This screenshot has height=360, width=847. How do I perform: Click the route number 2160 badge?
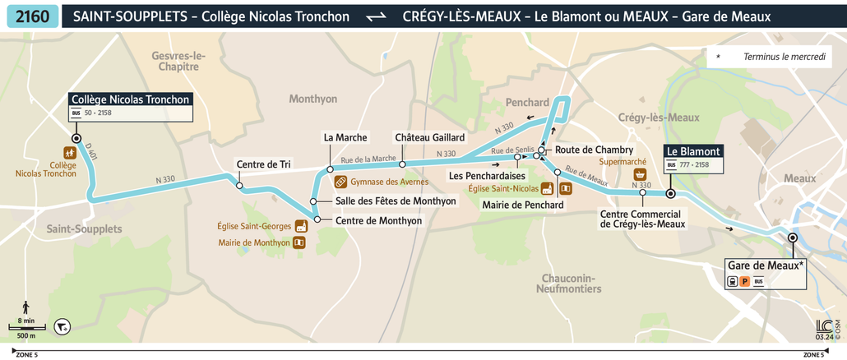(31, 16)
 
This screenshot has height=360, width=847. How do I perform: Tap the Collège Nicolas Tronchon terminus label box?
(131, 99)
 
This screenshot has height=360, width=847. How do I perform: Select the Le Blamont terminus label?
(693, 151)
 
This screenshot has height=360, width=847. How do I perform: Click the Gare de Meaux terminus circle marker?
(792, 238)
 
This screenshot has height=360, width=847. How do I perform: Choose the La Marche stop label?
(345, 137)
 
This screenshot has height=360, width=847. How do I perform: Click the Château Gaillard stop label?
(429, 137)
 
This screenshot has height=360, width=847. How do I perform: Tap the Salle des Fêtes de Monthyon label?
(396, 201)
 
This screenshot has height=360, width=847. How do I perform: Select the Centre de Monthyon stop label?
(379, 221)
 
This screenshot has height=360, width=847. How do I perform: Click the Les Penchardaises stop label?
(487, 176)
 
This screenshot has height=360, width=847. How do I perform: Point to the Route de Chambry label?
(594, 150)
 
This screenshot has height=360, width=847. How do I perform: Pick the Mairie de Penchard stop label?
(523, 205)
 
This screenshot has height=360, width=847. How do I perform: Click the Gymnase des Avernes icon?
(340, 182)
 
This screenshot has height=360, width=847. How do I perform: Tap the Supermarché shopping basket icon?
(639, 175)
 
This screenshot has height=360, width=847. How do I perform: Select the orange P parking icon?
(744, 282)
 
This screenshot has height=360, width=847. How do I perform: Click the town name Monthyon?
(313, 99)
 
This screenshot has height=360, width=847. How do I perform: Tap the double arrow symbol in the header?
(376, 17)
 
